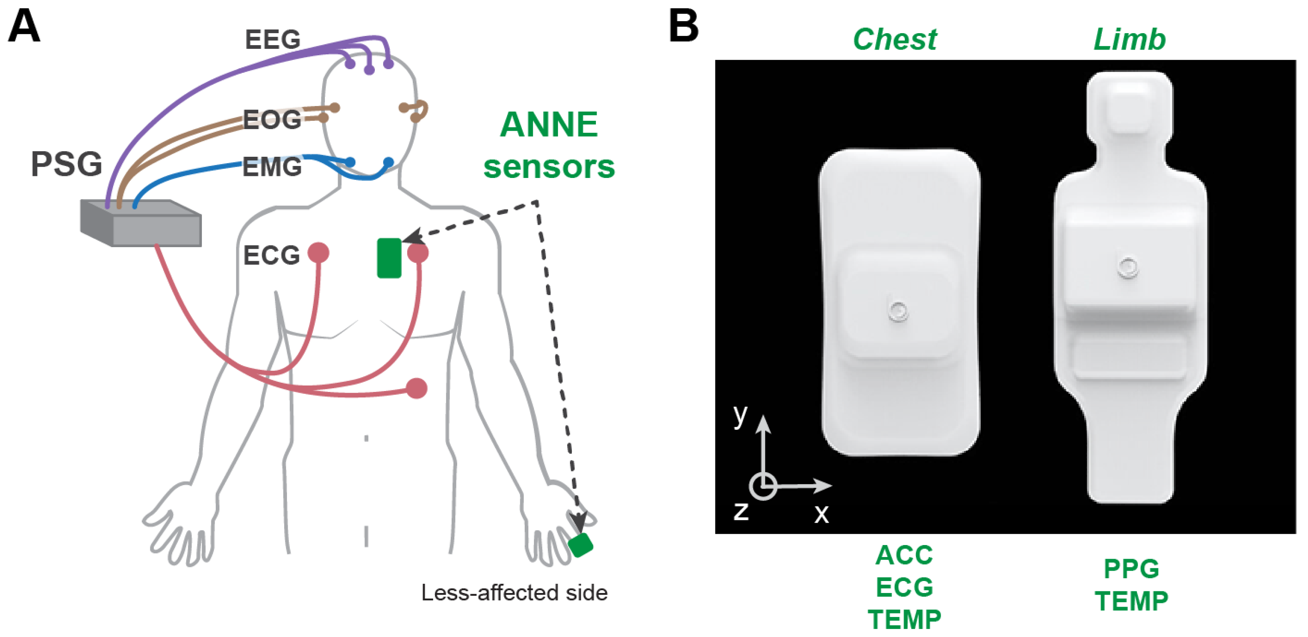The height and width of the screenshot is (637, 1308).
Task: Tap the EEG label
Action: [273, 40]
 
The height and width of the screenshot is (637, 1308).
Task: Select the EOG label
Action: [272, 120]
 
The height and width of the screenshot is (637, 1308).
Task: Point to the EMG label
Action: [272, 167]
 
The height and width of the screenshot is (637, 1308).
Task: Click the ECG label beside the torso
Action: [272, 255]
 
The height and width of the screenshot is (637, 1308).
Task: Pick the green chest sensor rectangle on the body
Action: [389, 258]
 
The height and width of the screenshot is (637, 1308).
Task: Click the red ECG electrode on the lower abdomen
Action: [417, 389]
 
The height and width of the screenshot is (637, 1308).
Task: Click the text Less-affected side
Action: [514, 593]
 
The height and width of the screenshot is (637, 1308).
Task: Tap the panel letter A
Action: [24, 26]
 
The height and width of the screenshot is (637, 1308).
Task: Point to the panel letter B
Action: [683, 26]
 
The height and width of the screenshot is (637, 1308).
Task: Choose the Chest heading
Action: [895, 40]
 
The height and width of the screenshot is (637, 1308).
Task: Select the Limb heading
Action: [1129, 40]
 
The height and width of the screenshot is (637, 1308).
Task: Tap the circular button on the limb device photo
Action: [1128, 267]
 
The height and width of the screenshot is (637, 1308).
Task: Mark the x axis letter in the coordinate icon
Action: [822, 513]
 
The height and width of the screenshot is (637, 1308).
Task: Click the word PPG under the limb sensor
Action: [1131, 569]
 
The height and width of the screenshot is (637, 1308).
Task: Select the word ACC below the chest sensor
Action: [904, 555]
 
